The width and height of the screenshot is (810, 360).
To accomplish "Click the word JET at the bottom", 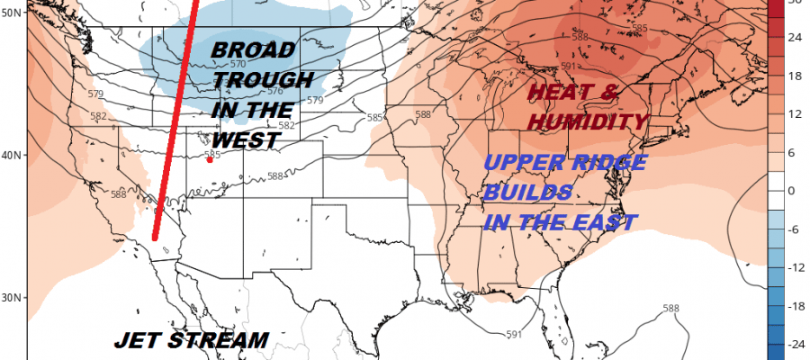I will (139, 341).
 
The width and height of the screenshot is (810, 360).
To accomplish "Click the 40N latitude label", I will (13, 155).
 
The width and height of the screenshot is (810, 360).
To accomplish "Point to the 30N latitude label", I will (13, 297).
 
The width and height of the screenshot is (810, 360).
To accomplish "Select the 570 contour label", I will (238, 65).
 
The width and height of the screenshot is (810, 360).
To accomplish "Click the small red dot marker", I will (210, 160).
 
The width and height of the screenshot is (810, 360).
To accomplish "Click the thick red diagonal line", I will (174, 126).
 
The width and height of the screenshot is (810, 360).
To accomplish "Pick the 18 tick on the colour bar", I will (796, 77).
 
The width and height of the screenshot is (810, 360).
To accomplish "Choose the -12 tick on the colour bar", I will (796, 267).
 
